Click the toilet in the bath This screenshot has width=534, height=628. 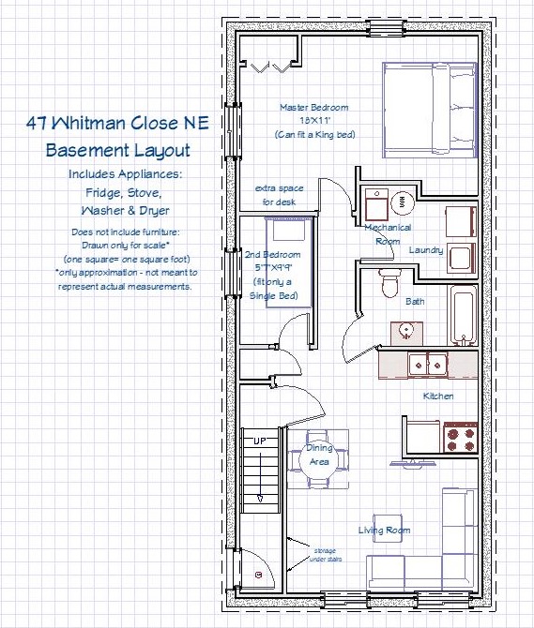coord(389,282)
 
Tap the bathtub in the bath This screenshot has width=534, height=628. coord(463,315)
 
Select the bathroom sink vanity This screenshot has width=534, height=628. coord(406,334)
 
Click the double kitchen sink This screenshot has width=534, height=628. coord(428,365)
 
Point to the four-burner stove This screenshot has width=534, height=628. coord(461,437)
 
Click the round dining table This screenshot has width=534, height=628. coord(319,458)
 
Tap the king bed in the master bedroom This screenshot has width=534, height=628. coord(430,111)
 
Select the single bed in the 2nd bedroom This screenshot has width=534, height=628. coord(289,262)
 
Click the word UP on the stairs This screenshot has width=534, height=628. coord(260,441)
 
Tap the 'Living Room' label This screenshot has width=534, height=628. coord(384,531)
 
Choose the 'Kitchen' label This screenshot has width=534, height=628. coord(438,396)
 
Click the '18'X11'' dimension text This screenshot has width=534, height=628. coord(315,120)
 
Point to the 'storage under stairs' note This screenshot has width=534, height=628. coord(325,555)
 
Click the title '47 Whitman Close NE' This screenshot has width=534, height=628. coord(118,123)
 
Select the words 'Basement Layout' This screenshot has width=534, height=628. coord(118,150)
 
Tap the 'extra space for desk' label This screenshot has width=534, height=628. coord(279,195)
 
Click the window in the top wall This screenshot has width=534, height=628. coord(386,28)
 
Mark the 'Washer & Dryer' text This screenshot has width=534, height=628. coord(125,211)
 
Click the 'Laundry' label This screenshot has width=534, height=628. coord(426,250)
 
